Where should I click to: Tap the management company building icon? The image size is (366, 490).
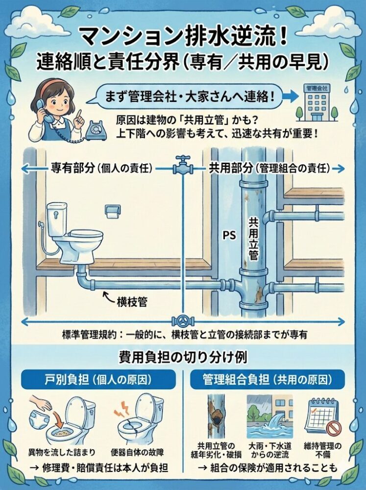click(x=317, y=102)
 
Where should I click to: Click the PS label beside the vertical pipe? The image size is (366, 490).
click(x=230, y=235)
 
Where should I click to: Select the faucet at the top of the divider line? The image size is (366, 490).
click(x=183, y=165)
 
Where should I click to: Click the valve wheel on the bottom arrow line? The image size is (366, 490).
click(x=183, y=321)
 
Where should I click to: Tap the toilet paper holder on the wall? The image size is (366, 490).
click(x=112, y=212)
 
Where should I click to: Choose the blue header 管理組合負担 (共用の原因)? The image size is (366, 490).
click(x=267, y=380)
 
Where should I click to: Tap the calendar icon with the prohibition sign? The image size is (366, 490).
click(x=322, y=417)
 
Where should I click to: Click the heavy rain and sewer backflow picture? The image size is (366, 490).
click(x=270, y=416)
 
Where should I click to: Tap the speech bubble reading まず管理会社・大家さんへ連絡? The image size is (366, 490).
click(x=179, y=96)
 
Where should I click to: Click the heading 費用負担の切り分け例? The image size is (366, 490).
click(x=183, y=357)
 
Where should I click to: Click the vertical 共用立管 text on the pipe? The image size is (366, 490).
click(x=253, y=239)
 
